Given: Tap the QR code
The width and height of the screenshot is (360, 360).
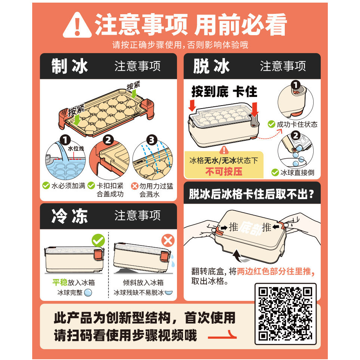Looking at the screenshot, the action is pyautogui.click(x=286, y=314).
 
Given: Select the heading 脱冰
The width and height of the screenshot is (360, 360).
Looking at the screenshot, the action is pyautogui.click(x=211, y=66).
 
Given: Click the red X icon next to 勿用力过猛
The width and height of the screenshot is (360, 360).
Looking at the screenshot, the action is pyautogui.click(x=135, y=186).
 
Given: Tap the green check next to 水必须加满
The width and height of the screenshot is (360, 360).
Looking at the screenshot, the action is pyautogui.click(x=46, y=186).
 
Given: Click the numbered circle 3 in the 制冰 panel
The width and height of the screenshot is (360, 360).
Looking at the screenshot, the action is pyautogui.click(x=152, y=140).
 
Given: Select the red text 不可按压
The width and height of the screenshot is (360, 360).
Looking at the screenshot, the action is pyautogui.click(x=224, y=171).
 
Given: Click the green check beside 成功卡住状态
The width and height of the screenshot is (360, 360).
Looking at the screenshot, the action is pyautogui.click(x=272, y=124).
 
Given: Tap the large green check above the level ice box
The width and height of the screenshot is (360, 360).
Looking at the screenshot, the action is pyautogui.click(x=98, y=240).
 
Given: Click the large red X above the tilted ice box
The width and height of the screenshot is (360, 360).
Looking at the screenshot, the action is pyautogui.click(x=168, y=241).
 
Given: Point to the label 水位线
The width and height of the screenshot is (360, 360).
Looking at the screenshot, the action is pyautogui.click(x=76, y=149).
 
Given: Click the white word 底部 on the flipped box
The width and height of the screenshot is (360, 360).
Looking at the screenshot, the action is pyautogui.click(x=251, y=228).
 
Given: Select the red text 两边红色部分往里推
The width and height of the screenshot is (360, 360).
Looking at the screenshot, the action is pyautogui.click(x=274, y=271).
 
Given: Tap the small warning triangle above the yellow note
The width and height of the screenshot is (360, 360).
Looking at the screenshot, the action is pyautogui.click(x=224, y=150).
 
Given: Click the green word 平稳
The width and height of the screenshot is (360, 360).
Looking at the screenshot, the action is pyautogui.click(x=60, y=282).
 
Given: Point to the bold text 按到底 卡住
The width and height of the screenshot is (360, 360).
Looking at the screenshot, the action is pyautogui.click(x=224, y=92).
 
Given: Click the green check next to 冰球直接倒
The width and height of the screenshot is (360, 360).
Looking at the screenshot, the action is pyautogui.click(x=275, y=172).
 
